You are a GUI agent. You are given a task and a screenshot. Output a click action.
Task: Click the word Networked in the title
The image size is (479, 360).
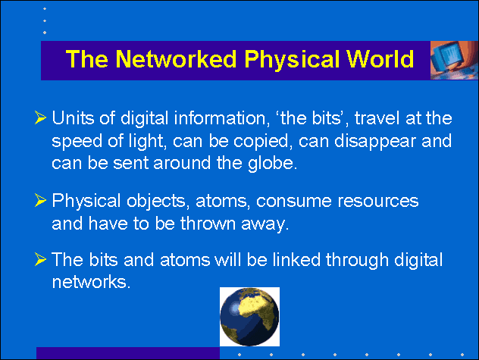click(x=176, y=58)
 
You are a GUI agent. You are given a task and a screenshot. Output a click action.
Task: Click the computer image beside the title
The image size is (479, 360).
click(x=454, y=60)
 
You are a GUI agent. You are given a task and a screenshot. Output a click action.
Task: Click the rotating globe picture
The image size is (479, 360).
click(x=249, y=317)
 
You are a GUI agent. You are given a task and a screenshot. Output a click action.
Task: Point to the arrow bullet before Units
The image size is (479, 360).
click(x=40, y=117)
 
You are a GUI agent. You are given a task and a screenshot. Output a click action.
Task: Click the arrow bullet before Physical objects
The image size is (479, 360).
click(x=40, y=201)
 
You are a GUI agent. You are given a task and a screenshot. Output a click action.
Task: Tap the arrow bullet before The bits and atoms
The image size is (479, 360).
click(x=40, y=259)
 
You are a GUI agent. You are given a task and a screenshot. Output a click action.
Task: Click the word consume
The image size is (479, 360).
click(x=293, y=201)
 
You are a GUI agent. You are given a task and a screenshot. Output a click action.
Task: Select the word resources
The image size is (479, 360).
click(x=377, y=201)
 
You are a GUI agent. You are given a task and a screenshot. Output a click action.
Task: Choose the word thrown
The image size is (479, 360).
click(x=208, y=224)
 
